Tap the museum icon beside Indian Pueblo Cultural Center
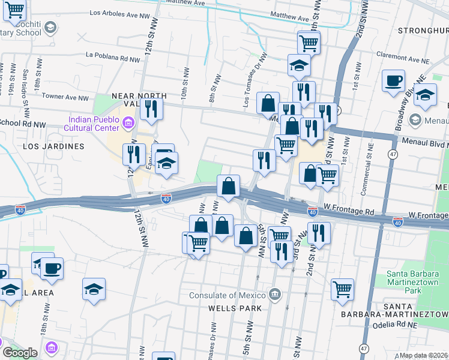(127, 124)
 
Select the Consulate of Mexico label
(228, 295)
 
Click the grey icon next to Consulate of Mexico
(275, 294)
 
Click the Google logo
(19, 353)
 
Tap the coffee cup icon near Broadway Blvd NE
(393, 81)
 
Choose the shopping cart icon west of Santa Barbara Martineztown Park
(342, 289)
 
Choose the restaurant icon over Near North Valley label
(150, 109)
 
